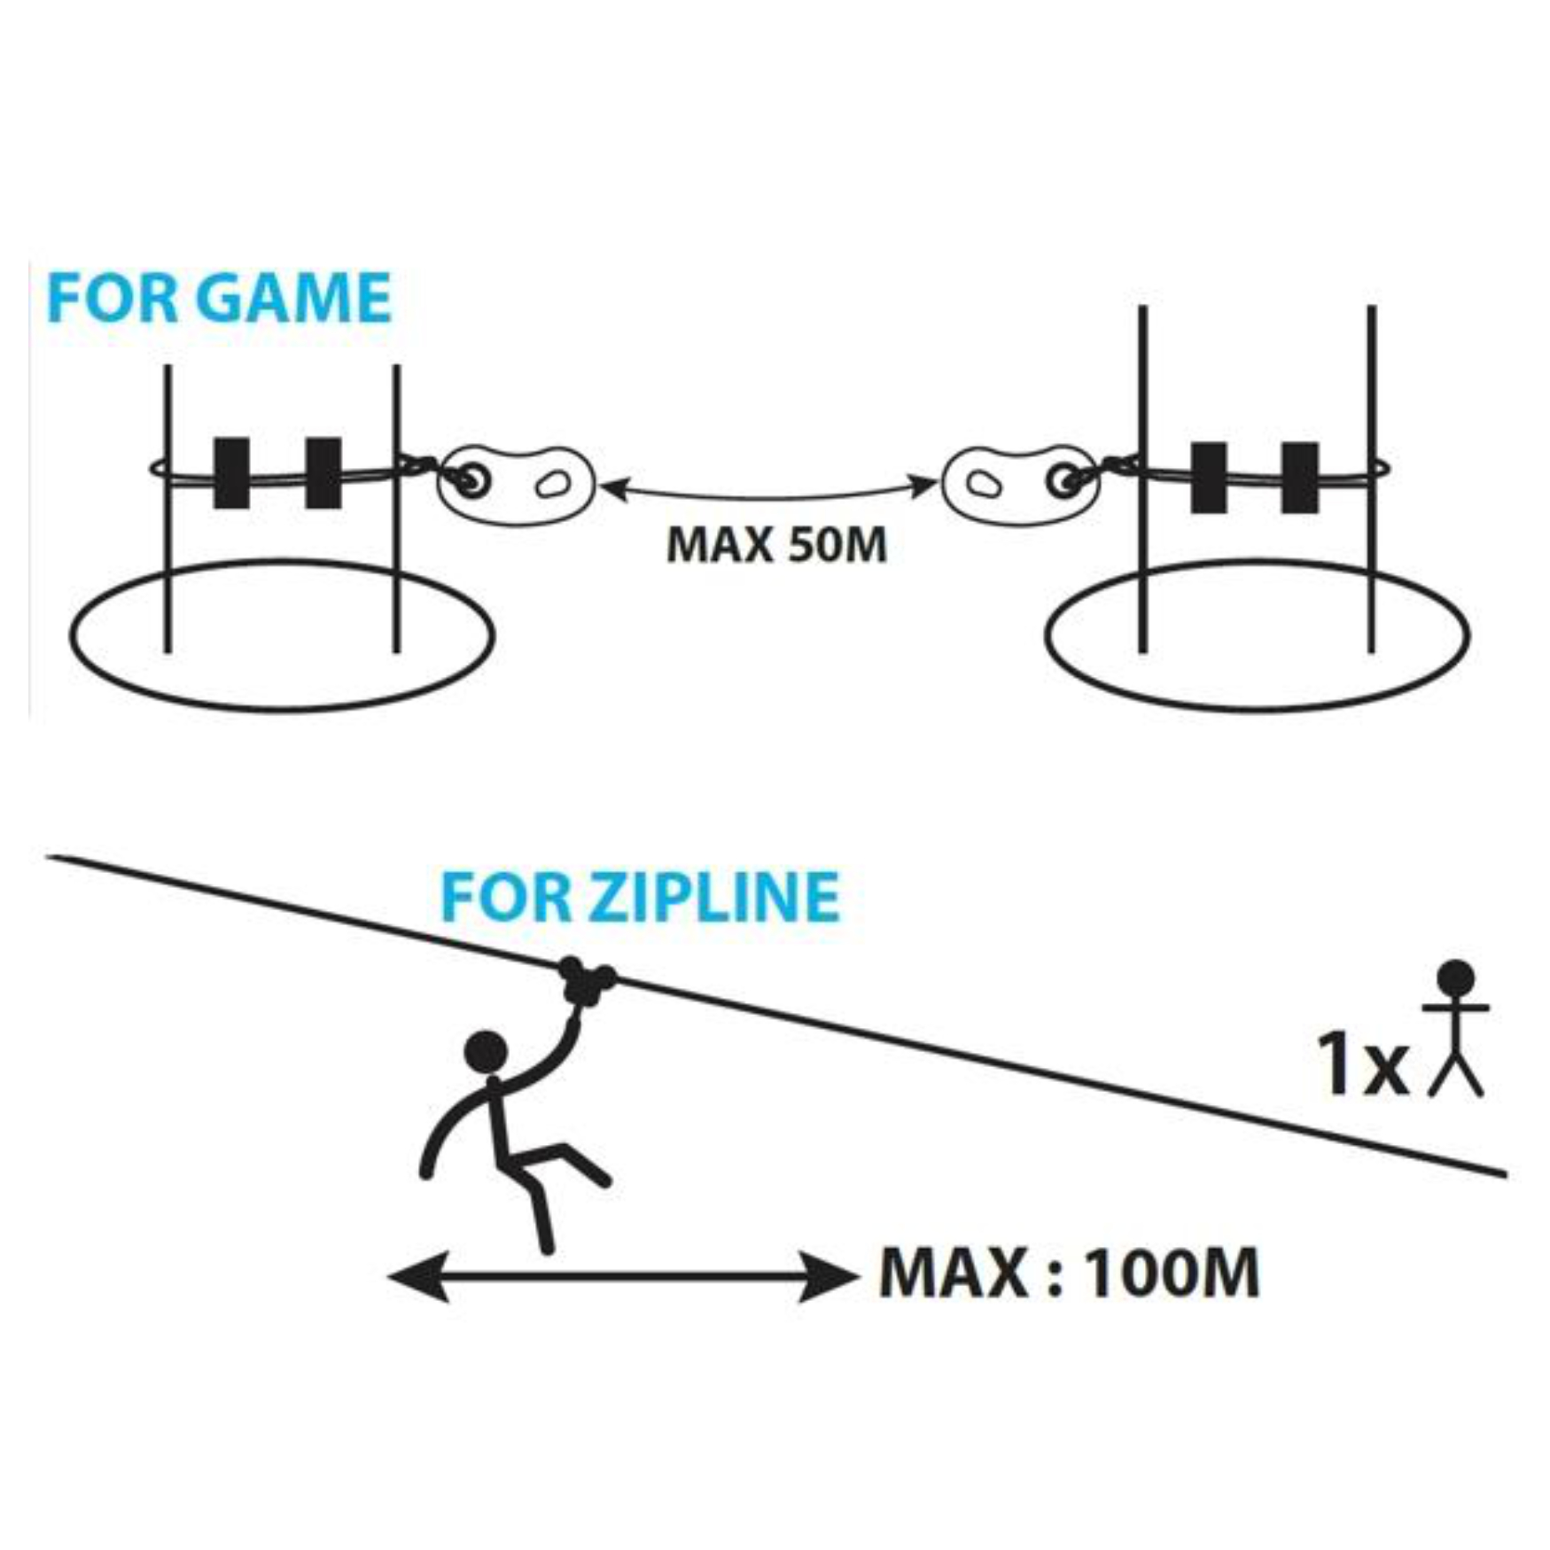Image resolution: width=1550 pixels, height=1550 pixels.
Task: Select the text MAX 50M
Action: click(x=776, y=544)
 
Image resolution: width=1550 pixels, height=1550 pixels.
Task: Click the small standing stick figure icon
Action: click(x=1455, y=1028)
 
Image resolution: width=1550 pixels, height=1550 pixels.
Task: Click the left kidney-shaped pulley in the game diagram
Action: click(x=516, y=484)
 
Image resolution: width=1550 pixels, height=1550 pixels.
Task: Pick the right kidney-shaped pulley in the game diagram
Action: click(x=1019, y=484)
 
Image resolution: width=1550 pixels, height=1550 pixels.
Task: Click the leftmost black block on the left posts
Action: click(x=231, y=473)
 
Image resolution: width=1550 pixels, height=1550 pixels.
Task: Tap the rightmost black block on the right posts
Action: click(x=1299, y=478)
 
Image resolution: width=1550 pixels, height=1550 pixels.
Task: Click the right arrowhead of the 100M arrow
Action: click(x=829, y=1276)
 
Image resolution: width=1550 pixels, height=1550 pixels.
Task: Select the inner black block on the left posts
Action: click(x=323, y=473)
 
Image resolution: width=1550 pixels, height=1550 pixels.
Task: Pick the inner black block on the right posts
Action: click(x=1208, y=478)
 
